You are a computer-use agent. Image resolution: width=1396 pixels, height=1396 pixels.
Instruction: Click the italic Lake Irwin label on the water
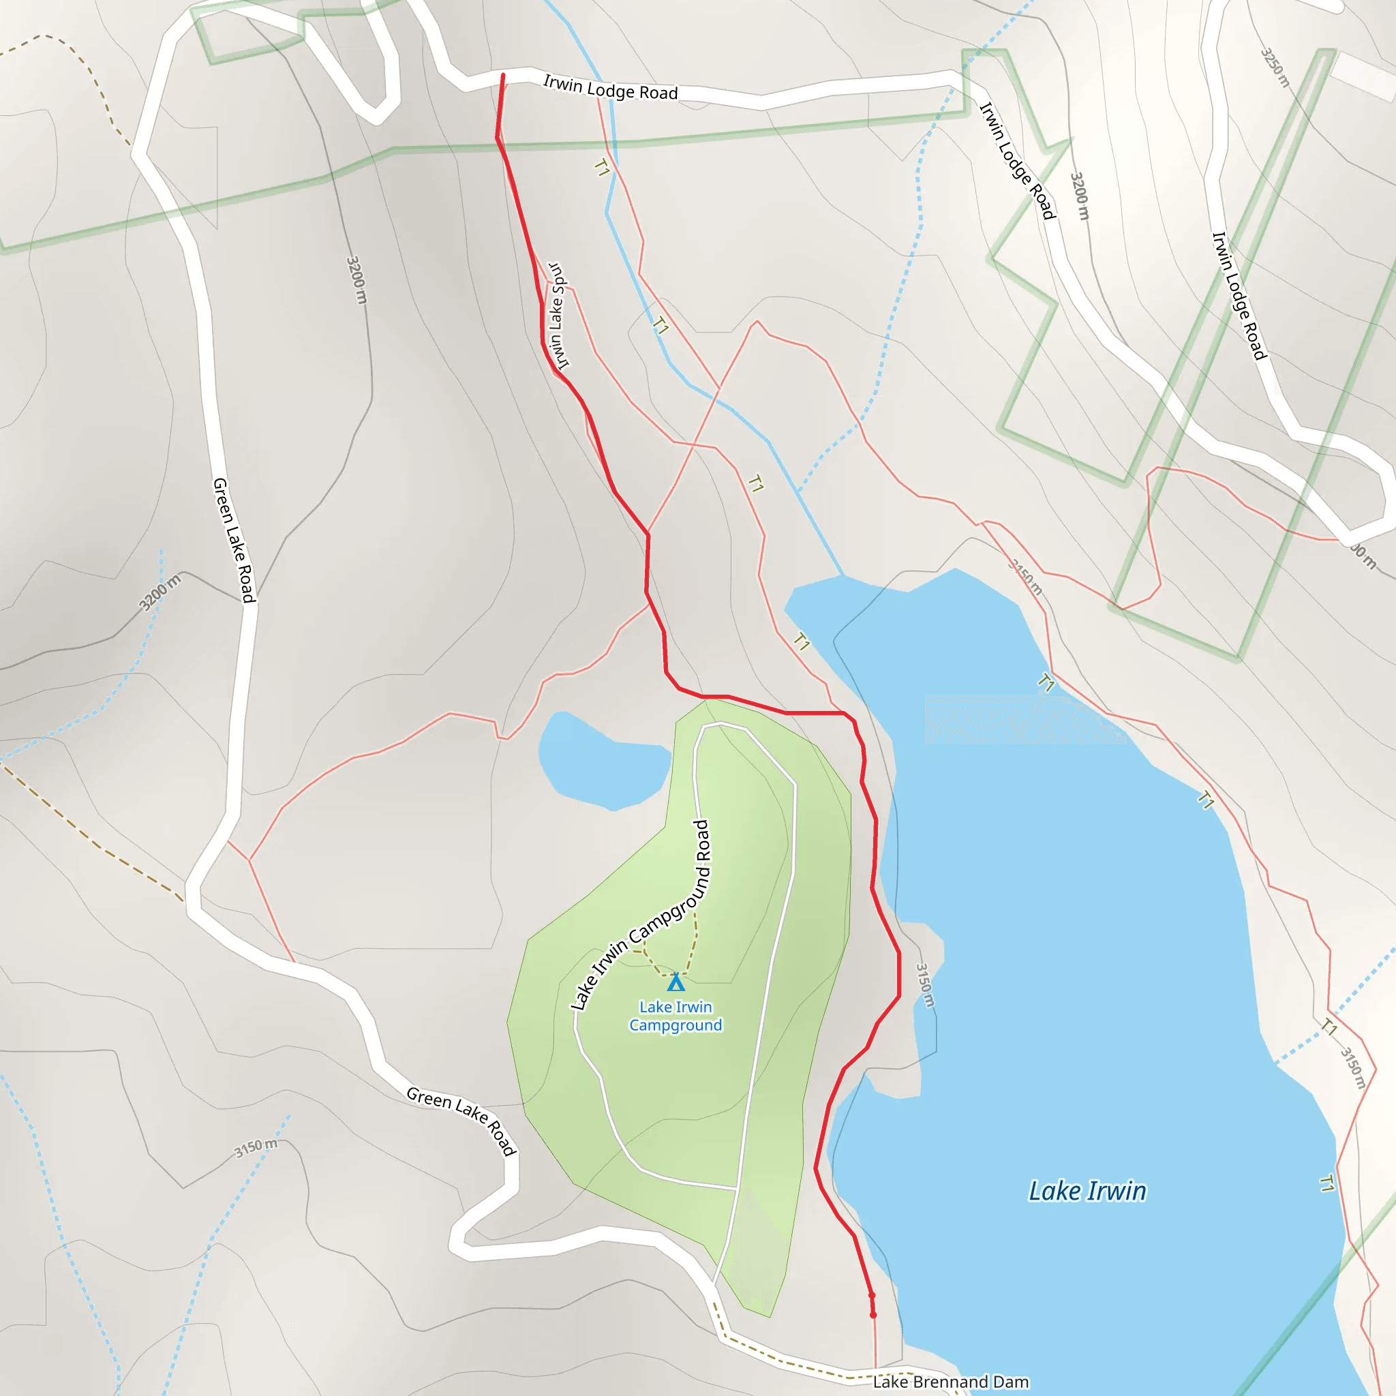1087,1191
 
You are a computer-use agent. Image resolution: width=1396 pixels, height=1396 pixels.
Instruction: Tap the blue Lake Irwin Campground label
676,1016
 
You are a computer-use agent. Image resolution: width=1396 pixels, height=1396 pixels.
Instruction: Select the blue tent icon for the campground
676,983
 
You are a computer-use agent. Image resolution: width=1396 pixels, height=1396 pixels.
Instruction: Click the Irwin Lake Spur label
558,316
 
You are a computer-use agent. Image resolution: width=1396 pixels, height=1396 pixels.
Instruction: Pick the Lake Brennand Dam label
951,1382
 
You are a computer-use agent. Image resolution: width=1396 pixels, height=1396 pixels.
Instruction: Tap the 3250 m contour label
1275,67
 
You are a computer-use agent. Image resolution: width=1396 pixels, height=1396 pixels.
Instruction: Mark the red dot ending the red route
873,1315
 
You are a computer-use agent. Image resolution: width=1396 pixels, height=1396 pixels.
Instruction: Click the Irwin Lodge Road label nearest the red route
611,88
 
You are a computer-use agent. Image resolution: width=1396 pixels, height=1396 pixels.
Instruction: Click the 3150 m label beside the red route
926,985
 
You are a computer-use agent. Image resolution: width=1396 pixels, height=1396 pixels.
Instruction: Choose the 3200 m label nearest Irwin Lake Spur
357,279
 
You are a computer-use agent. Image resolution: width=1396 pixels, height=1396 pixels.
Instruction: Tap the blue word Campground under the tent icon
676,1025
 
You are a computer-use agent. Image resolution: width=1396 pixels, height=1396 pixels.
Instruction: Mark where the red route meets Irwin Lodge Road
503,76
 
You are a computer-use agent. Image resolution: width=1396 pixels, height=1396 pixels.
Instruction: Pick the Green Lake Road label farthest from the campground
234,540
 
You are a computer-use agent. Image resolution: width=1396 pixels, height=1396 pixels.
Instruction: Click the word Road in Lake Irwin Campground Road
702,840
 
